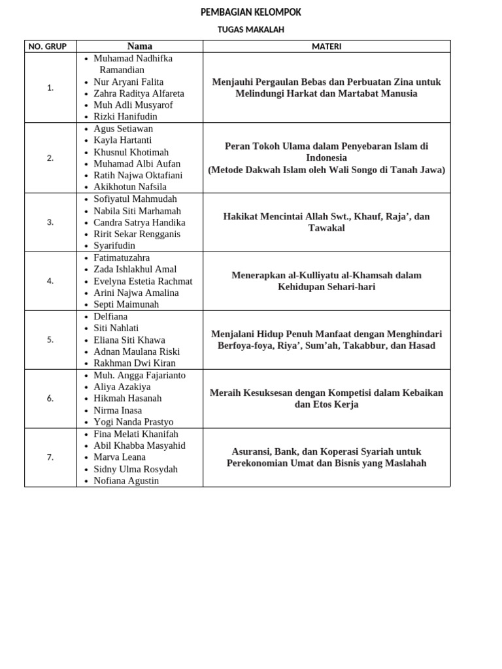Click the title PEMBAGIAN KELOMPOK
(x=251, y=12)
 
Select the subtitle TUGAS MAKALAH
(x=251, y=29)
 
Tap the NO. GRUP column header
(x=50, y=46)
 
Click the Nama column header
(x=139, y=46)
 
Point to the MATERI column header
(x=326, y=46)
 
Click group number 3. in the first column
(x=50, y=222)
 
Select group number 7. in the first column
(x=50, y=457)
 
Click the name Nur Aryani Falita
(x=128, y=82)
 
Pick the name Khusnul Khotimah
(x=131, y=152)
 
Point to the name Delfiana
(x=110, y=316)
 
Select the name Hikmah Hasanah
(x=127, y=398)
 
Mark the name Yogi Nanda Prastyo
(x=133, y=422)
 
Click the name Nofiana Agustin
(x=126, y=481)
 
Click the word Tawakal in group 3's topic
(x=326, y=228)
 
